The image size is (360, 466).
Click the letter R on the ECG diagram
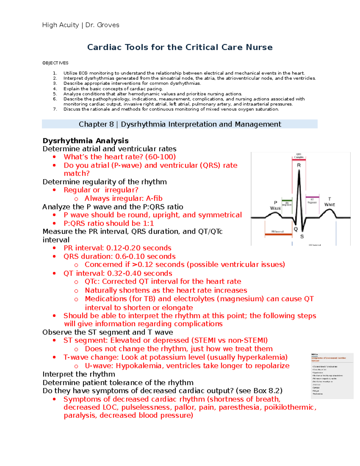[x=299, y=165]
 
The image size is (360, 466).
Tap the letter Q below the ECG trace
[x=295, y=229]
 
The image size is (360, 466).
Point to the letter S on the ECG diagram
[x=302, y=237]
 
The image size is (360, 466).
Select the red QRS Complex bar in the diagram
[x=299, y=160]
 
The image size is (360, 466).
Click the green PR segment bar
[x=287, y=200]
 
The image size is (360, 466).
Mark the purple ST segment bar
[x=312, y=197]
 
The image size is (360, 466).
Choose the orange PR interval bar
[x=278, y=234]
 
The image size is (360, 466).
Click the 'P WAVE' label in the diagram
[x=275, y=206]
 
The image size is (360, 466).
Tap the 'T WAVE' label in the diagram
[x=329, y=202]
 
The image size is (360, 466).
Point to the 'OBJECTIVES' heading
[x=55, y=63]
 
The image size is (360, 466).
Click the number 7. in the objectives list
[x=55, y=109]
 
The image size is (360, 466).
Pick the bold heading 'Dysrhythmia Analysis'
[x=85, y=141]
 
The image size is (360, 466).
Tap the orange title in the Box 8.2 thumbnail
[x=328, y=359]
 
